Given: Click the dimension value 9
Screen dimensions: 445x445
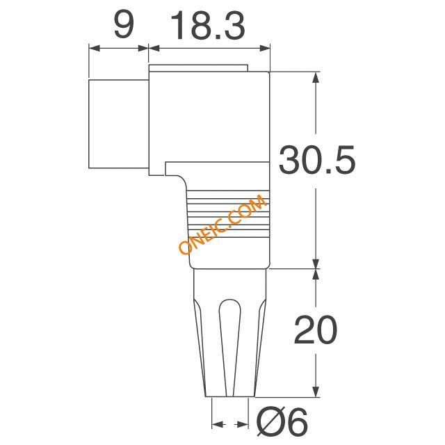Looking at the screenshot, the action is coord(124,26).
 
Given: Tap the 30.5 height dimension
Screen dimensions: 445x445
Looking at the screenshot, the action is coord(317,159).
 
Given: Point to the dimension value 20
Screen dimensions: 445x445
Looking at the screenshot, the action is coord(316,329).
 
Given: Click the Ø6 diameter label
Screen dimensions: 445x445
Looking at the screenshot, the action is coord(282,422).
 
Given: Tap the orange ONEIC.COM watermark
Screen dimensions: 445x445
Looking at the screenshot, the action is coord(222,224).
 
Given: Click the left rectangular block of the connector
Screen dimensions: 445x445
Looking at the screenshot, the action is coord(119,124).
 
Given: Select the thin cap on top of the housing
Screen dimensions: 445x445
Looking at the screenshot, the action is coord(198,68).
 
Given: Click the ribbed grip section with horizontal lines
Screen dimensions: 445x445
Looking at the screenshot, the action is coord(228,213).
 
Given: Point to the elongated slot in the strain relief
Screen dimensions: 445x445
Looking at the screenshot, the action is coord(230,347).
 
